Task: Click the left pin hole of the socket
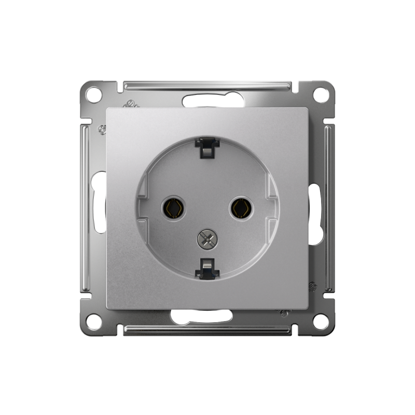click(173, 208)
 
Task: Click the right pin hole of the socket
click(241, 209)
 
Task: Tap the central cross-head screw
click(206, 239)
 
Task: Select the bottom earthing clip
click(207, 267)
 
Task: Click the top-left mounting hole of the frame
click(93, 94)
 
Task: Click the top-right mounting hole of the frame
click(321, 94)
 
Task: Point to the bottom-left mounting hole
click(94, 321)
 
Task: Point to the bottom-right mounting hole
click(321, 321)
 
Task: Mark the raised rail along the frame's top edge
click(208, 84)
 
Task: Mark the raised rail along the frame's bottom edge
click(208, 330)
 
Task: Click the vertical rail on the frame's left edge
click(85, 208)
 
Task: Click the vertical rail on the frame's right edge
click(329, 208)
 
